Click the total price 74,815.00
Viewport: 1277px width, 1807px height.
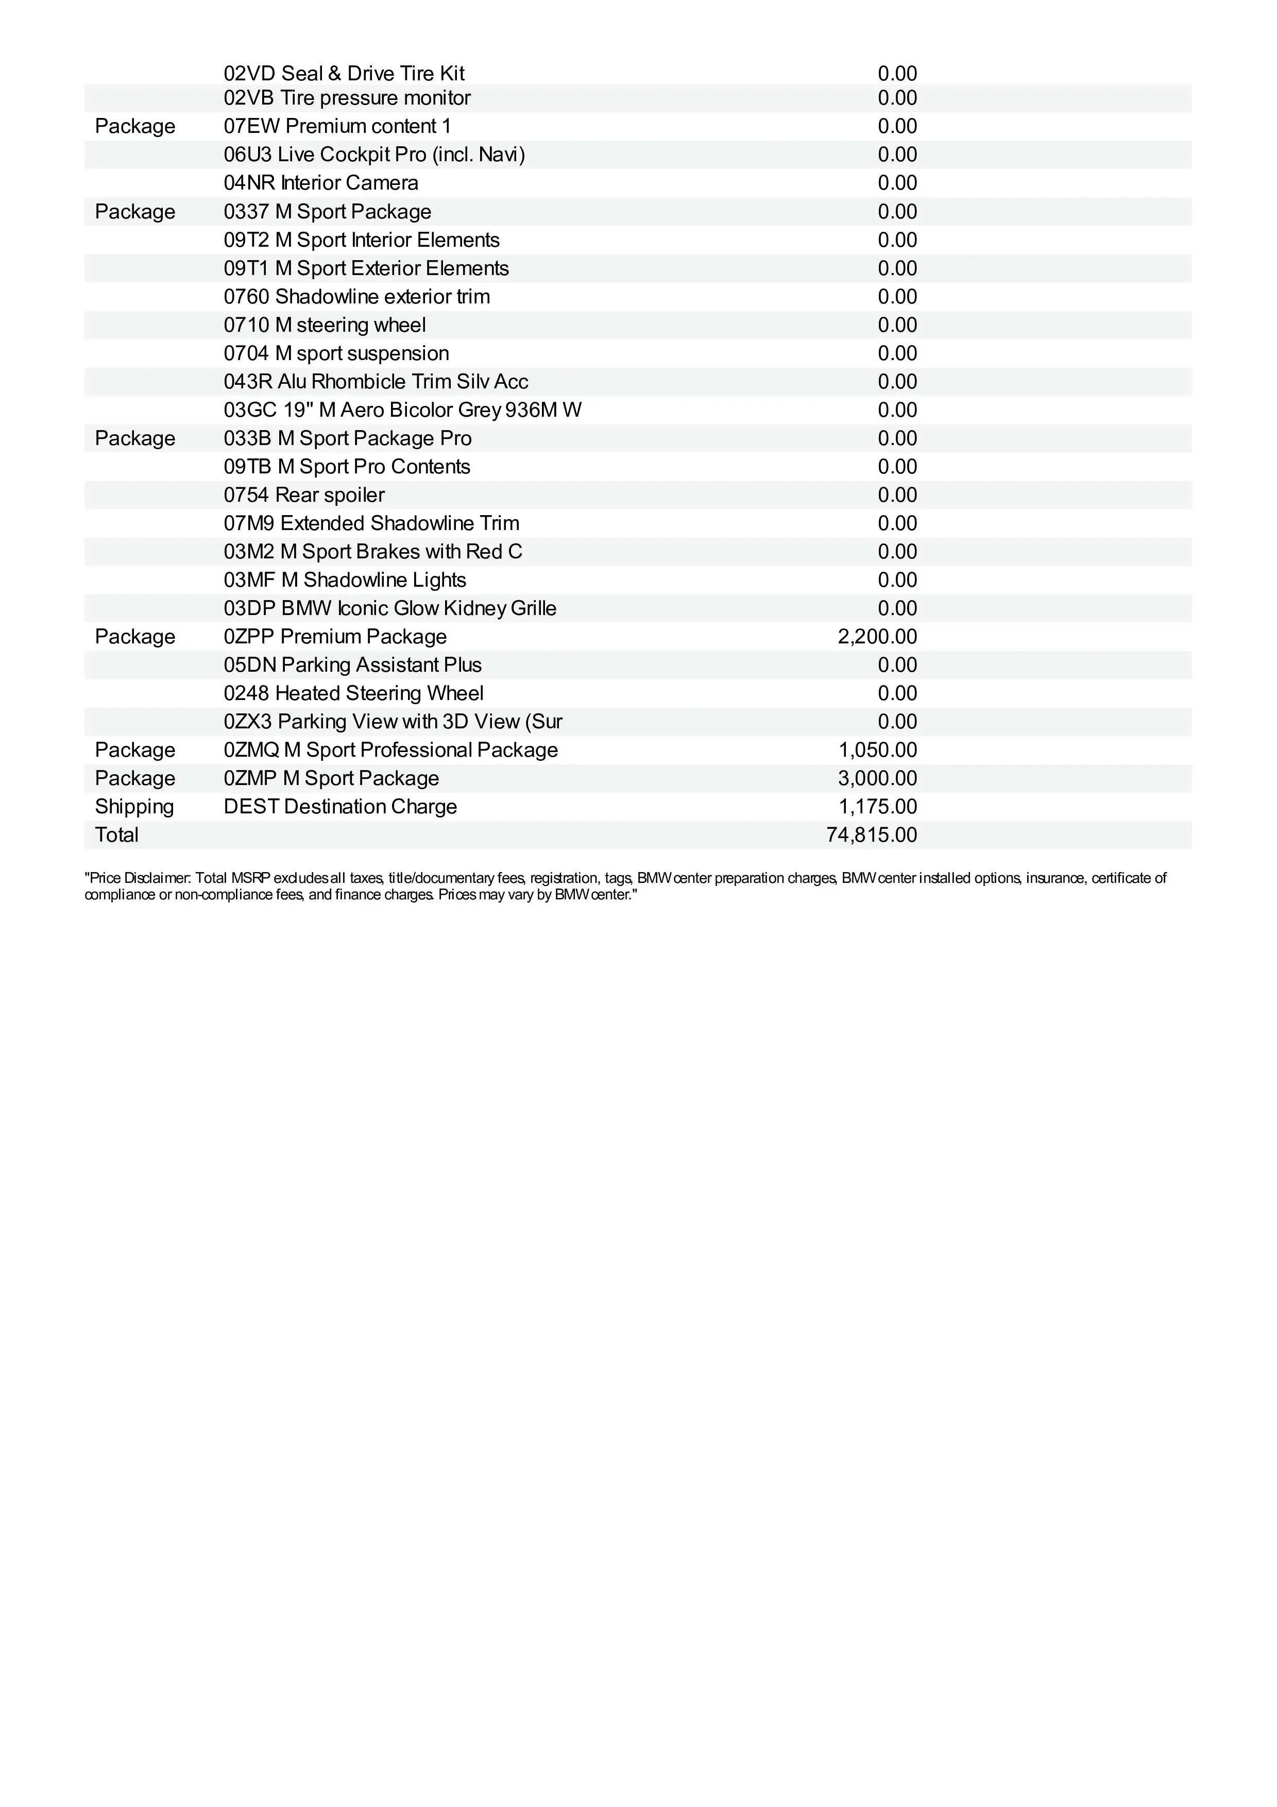[x=871, y=835]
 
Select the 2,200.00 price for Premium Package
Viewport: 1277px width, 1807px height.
[x=877, y=637]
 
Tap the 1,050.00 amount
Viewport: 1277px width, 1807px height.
[x=877, y=750]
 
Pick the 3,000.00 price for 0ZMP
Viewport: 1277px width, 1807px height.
[x=877, y=778]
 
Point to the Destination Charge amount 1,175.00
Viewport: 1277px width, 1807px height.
[x=877, y=807]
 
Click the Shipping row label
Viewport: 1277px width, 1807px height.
[x=134, y=807]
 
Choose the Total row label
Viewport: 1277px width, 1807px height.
[x=116, y=835]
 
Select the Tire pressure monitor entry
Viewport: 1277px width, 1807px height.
[x=347, y=98]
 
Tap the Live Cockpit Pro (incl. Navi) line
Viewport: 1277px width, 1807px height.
[x=374, y=155]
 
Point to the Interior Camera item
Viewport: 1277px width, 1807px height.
[x=321, y=183]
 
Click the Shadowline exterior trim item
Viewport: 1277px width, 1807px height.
[x=356, y=297]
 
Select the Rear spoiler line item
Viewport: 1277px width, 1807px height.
[x=304, y=495]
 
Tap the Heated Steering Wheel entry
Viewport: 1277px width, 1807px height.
[x=353, y=693]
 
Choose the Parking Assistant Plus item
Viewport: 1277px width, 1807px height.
[x=352, y=665]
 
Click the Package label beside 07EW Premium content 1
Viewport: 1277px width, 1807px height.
[x=134, y=127]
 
